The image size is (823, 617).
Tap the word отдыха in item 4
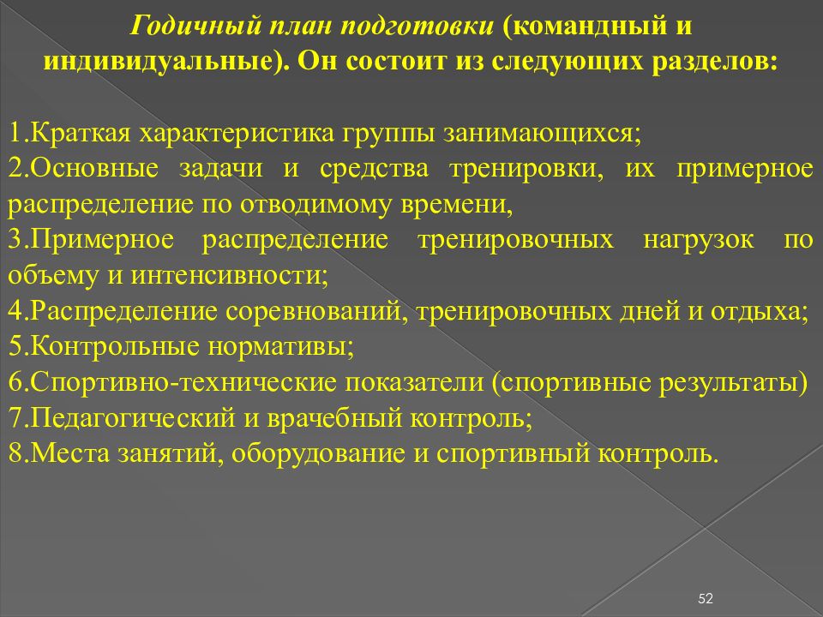(759, 312)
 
